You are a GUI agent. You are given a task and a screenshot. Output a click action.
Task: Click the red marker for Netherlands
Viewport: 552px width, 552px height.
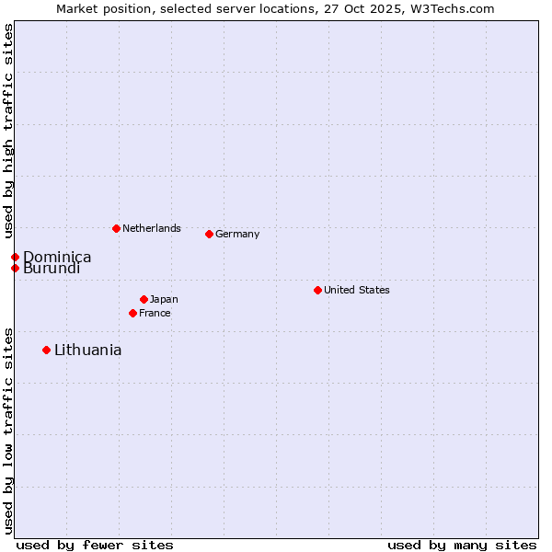click(x=116, y=228)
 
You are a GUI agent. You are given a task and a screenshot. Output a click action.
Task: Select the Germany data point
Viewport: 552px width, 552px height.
click(x=209, y=234)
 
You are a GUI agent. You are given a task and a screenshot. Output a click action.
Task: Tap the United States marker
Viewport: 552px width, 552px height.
click(x=317, y=290)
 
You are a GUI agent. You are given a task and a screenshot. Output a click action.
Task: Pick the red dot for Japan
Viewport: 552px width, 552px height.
click(x=144, y=299)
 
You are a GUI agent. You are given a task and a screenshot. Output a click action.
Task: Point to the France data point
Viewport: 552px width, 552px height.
click(x=132, y=313)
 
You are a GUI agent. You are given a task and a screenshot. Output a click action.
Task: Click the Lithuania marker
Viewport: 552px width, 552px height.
click(x=46, y=350)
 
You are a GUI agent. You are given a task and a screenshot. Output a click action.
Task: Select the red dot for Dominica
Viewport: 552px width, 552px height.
click(x=15, y=257)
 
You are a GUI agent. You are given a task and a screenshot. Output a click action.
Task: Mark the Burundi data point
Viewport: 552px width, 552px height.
click(x=15, y=268)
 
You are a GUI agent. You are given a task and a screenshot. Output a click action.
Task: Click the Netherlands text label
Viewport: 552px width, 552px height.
click(x=152, y=228)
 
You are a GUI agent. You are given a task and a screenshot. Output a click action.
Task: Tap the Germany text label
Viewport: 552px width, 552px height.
click(x=237, y=234)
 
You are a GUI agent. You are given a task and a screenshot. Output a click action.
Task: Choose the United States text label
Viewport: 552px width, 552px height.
click(x=357, y=290)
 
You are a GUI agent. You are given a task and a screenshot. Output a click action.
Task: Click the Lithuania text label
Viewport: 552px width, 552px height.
click(x=88, y=350)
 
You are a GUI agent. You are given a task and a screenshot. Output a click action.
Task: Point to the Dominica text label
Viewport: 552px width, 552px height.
click(x=57, y=257)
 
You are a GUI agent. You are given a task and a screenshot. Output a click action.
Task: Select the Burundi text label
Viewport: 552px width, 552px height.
click(x=52, y=269)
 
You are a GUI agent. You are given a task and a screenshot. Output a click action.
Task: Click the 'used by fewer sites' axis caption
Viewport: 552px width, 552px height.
click(x=95, y=545)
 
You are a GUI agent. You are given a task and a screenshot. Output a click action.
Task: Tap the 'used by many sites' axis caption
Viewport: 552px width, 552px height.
click(x=462, y=545)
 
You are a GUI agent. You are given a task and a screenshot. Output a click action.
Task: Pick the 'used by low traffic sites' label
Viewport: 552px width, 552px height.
click(x=8, y=431)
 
